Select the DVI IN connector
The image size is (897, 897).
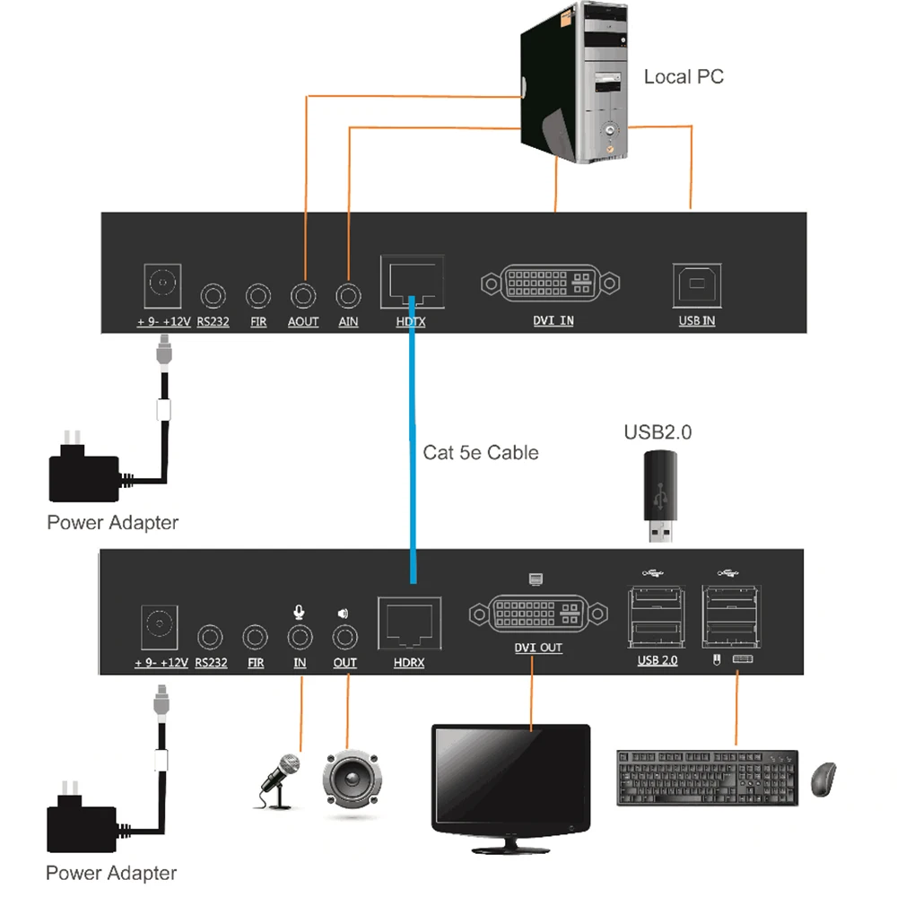click(551, 283)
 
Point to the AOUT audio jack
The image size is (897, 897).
click(303, 294)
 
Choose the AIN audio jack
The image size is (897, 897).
click(348, 294)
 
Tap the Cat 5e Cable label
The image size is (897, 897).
click(481, 453)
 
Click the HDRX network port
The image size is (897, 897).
click(409, 622)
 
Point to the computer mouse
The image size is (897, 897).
click(823, 779)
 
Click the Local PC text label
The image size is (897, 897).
click(684, 77)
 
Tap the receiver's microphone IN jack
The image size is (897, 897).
click(300, 638)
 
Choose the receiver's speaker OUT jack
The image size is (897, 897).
click(344, 638)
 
